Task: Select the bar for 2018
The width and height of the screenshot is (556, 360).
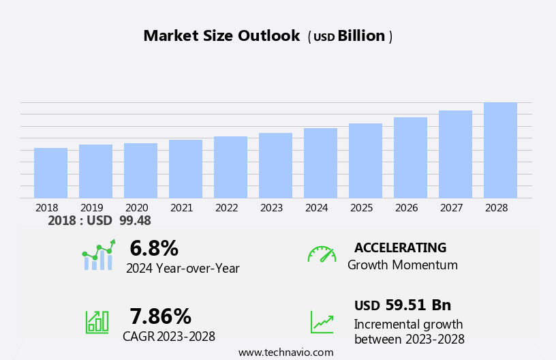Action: coord(50,173)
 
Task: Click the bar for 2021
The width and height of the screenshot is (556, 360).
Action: coord(185,169)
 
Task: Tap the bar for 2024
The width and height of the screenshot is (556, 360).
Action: coord(320,163)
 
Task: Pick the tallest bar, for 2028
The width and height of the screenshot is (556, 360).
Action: coord(500,150)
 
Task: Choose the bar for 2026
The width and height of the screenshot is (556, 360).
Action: coord(410,157)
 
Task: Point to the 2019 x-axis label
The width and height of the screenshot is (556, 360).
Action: coord(92,208)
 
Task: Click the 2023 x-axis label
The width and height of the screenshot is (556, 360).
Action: coord(271,208)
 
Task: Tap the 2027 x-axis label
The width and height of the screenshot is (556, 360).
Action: coord(451,208)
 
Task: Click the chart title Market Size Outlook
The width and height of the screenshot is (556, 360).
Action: coord(221,36)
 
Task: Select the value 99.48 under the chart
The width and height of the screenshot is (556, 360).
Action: coord(135,221)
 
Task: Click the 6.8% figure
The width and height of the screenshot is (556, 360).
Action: coord(154,248)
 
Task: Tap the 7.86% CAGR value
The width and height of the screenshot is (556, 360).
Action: coord(160,316)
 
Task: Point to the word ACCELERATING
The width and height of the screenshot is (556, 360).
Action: coord(400,247)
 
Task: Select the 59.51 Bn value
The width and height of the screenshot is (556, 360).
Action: coord(418,305)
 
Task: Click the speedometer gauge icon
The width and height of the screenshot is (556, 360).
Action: coord(322,254)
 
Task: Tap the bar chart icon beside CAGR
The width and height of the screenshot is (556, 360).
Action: coord(97,321)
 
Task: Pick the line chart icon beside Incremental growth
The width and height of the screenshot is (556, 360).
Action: coord(322,322)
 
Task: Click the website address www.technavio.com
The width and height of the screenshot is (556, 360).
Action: coord(285,352)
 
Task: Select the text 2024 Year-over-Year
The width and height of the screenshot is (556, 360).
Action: coord(183,269)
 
